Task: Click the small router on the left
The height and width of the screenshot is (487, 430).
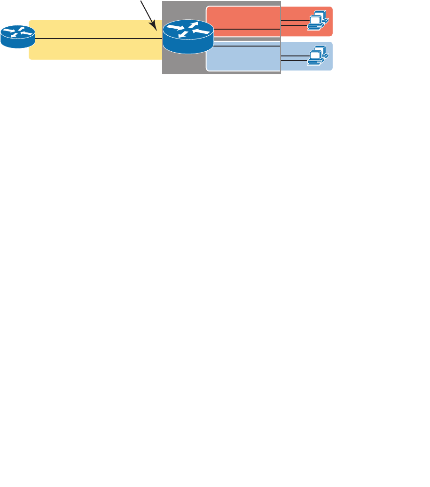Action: [x=17, y=37]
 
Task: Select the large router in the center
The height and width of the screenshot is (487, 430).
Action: [x=188, y=37]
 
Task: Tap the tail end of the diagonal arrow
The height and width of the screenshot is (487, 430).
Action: [x=141, y=1]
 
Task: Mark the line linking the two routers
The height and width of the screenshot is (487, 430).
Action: [x=94, y=39]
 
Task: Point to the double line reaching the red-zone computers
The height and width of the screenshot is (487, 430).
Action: [x=294, y=23]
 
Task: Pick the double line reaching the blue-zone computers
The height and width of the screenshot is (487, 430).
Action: [x=294, y=58]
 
